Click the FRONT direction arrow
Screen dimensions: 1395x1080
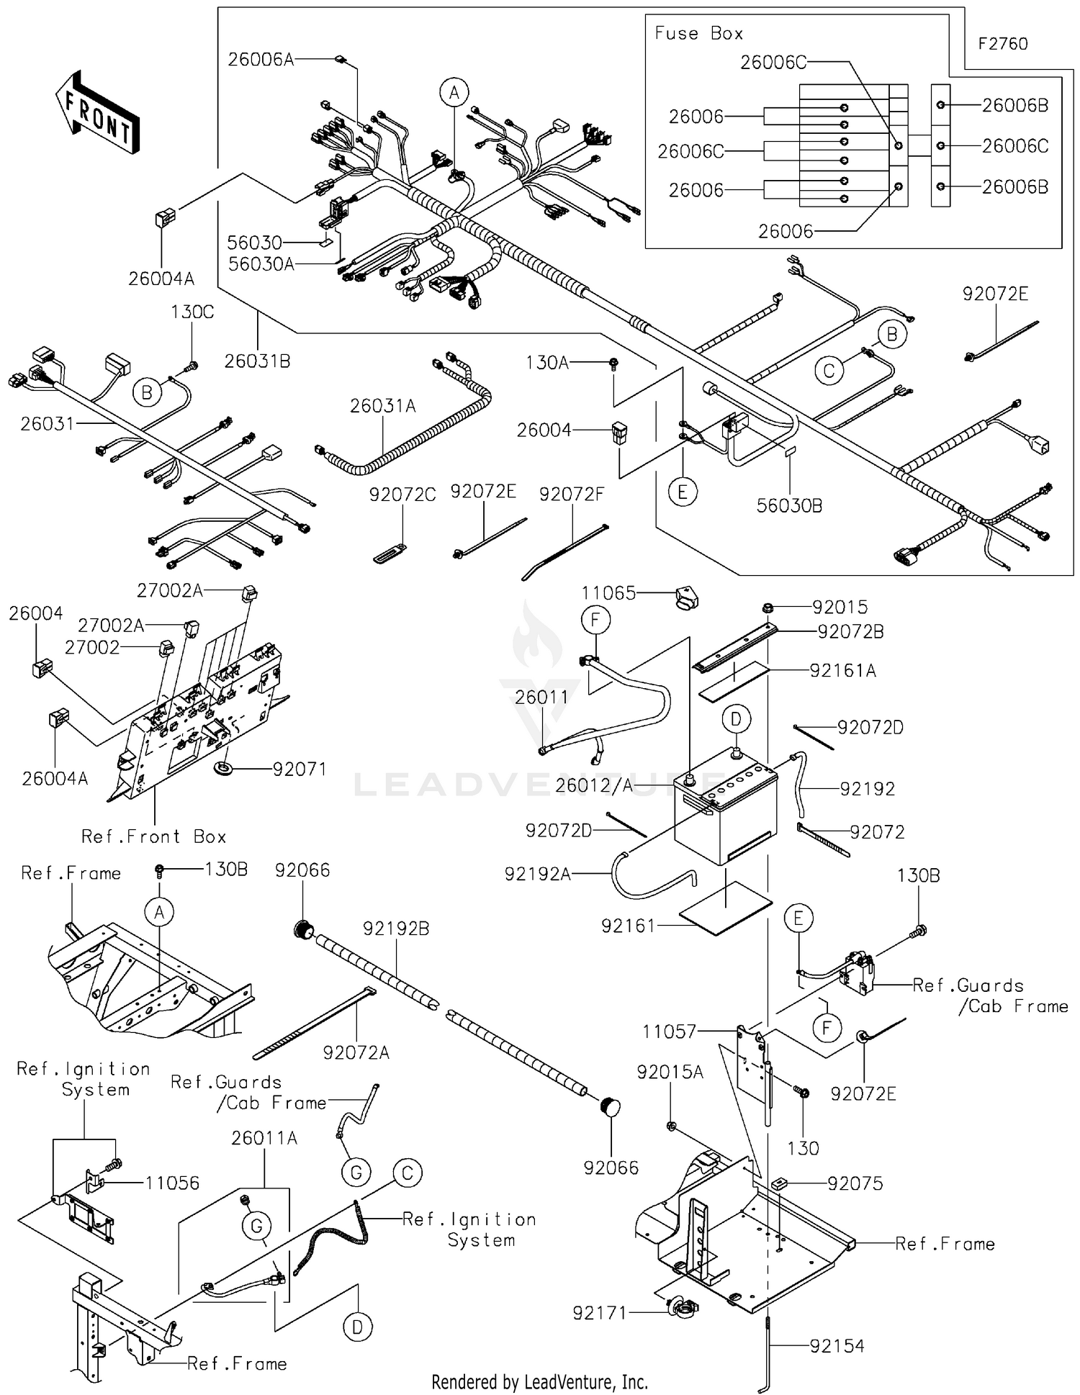pyautogui.click(x=97, y=112)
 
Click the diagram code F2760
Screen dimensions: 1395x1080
pyautogui.click(x=1002, y=44)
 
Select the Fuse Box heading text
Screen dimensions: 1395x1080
pyautogui.click(x=698, y=34)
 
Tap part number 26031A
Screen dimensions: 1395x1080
pyautogui.click(x=382, y=407)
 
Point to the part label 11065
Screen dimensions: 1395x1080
pyautogui.click(x=608, y=593)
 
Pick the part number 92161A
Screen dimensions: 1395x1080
pyautogui.click(x=842, y=671)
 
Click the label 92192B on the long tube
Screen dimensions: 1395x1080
pyautogui.click(x=396, y=929)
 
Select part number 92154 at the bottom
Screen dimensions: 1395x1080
pyautogui.click(x=837, y=1346)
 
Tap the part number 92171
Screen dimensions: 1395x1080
pyautogui.click(x=599, y=1314)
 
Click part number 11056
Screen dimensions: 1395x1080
pyautogui.click(x=172, y=1183)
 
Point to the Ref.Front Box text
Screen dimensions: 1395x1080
pyautogui.click(x=153, y=837)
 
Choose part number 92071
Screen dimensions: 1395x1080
pyautogui.click(x=300, y=769)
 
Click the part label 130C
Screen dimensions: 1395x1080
pyautogui.click(x=192, y=312)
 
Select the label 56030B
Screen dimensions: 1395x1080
pyautogui.click(x=789, y=506)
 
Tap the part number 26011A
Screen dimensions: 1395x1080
pyautogui.click(x=264, y=1138)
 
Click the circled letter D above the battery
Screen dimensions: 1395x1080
pyautogui.click(x=736, y=718)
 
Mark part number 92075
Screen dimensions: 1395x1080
pyautogui.click(x=855, y=1183)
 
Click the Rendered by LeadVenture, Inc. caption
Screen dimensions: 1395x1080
pyautogui.click(x=539, y=1382)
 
